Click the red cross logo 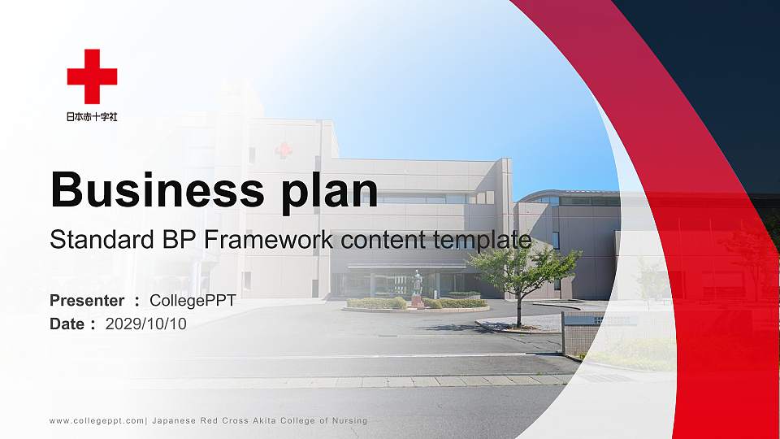pyautogui.click(x=92, y=76)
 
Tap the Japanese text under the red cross pyautogui.click(x=92, y=116)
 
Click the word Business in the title pyautogui.click(x=158, y=189)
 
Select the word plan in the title pyautogui.click(x=329, y=191)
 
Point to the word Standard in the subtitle pyautogui.click(x=102, y=239)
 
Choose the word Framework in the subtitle pyautogui.click(x=269, y=239)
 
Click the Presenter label pyautogui.click(x=87, y=301)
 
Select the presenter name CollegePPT pyautogui.click(x=193, y=301)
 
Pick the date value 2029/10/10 pyautogui.click(x=145, y=324)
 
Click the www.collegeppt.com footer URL pyautogui.click(x=97, y=421)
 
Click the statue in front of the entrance pyautogui.click(x=417, y=289)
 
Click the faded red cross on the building pyautogui.click(x=284, y=150)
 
